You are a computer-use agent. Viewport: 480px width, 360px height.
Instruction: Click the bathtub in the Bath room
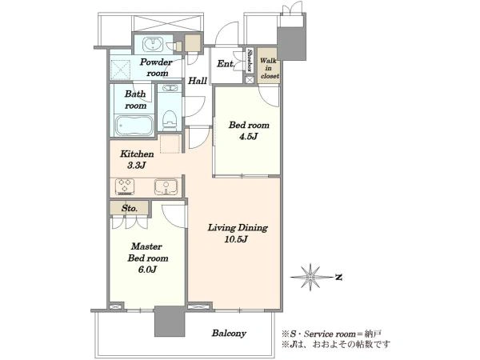pos(134,126)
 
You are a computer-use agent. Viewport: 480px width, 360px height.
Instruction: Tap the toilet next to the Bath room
pos(169,120)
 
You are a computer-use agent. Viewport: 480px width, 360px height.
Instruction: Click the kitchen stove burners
pos(125,186)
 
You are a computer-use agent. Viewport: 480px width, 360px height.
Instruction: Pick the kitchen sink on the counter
pos(166,186)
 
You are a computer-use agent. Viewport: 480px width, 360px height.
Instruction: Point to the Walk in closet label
pos(270,68)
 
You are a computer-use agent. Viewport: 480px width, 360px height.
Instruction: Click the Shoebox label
pos(250,60)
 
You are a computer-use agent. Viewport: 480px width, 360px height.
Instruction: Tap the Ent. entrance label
pos(226,64)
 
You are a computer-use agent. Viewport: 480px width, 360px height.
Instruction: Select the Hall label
pos(198,81)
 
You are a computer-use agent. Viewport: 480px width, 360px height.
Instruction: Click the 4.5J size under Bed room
pos(248,137)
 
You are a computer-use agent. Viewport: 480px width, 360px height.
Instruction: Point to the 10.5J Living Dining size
pos(236,239)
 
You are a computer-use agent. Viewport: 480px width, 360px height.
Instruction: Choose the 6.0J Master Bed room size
pos(147,270)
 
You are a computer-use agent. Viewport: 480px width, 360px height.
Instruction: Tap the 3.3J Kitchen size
pos(136,166)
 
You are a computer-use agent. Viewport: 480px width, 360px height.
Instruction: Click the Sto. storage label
pos(129,209)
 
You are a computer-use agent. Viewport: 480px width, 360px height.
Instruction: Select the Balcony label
pos(229,333)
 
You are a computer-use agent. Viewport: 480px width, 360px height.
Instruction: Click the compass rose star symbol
pos(310,277)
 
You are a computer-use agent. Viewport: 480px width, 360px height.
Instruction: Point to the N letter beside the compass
pos(338,278)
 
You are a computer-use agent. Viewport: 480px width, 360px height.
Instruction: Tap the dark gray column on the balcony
pos(170,321)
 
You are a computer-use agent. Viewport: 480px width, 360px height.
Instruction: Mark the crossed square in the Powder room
pos(120,70)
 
